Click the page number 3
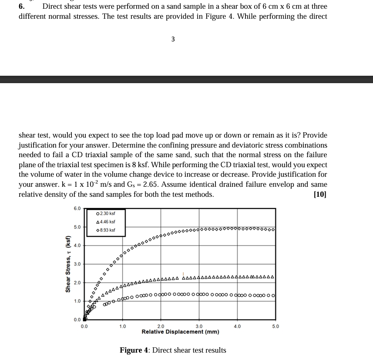[173, 39]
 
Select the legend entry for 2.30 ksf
[105, 213]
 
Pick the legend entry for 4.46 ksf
[105, 222]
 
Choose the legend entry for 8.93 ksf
[105, 230]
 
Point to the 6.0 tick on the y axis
[77, 209]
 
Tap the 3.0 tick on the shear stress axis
[77, 264]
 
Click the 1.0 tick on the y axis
[77, 301]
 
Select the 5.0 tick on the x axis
[275, 326]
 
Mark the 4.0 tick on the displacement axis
[237, 326]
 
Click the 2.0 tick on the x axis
[161, 326]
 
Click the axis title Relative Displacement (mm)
[180, 332]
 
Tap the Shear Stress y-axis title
[67, 264]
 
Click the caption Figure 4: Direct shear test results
[173, 350]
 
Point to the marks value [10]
[320, 195]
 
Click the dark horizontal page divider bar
[186, 79]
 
